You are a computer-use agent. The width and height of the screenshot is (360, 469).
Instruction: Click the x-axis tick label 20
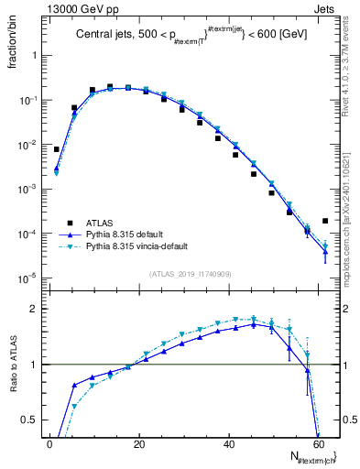click(x=138, y=444)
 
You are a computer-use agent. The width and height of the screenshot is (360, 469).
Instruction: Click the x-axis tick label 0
click(x=49, y=444)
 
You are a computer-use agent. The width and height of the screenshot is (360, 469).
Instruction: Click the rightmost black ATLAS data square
click(x=325, y=221)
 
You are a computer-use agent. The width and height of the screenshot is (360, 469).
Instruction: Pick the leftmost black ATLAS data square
click(x=57, y=149)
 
